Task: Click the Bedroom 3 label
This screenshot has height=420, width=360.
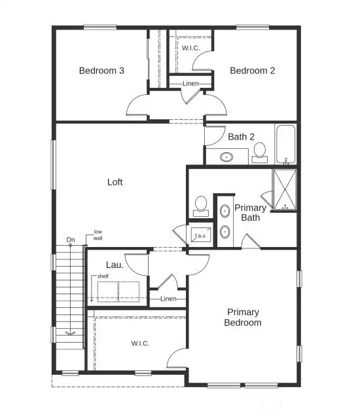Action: (102, 71)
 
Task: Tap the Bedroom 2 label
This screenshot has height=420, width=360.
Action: (252, 71)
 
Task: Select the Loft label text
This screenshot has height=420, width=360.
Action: (115, 182)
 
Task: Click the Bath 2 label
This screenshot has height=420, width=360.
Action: (241, 137)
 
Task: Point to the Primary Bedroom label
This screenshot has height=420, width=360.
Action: (243, 317)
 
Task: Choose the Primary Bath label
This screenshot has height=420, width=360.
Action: (251, 212)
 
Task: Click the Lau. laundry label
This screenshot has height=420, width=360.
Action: (115, 265)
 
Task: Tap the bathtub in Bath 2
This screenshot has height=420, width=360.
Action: (285, 144)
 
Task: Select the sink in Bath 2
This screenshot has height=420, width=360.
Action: (226, 157)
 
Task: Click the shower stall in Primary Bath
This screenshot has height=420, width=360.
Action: (284, 190)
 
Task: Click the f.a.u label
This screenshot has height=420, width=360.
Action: (200, 235)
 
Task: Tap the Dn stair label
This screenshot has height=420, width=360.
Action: (71, 240)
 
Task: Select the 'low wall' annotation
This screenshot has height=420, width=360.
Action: (98, 235)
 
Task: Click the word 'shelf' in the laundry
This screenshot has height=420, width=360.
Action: (103, 277)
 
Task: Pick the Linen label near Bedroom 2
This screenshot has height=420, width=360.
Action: (190, 83)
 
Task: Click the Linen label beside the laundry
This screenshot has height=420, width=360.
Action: (169, 299)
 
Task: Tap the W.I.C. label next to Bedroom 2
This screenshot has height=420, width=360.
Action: (190, 48)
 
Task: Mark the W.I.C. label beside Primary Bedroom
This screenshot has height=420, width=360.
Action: (140, 343)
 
